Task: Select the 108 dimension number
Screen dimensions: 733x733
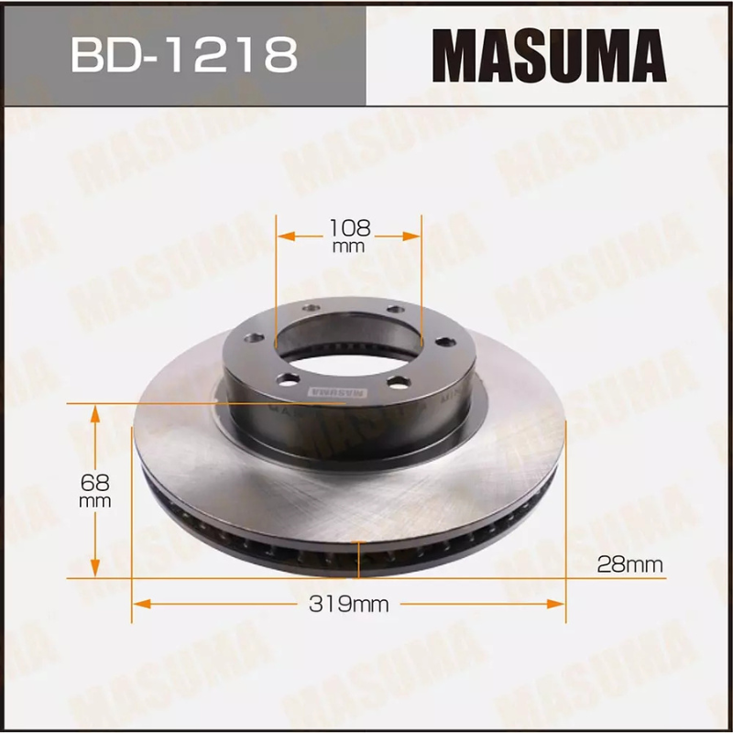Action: pyautogui.click(x=348, y=229)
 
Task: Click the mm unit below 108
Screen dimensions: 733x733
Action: pyautogui.click(x=348, y=246)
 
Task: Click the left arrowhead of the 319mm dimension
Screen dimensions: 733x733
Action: pyautogui.click(x=140, y=604)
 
